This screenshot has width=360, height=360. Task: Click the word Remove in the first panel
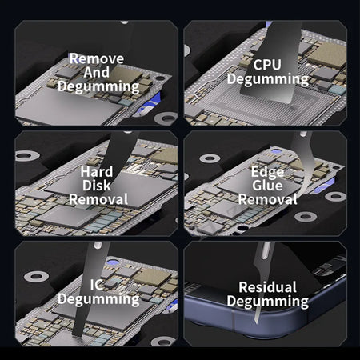click(97, 58)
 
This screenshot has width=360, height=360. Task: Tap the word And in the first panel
click(97, 72)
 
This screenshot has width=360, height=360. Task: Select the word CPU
click(267, 65)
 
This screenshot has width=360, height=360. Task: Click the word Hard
click(97, 171)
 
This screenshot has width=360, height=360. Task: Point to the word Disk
click(97, 186)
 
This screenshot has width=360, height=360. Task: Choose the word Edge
click(267, 172)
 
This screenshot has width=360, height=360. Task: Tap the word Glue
click(267, 186)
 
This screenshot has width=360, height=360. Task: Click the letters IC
click(96, 285)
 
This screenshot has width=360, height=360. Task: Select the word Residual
click(267, 287)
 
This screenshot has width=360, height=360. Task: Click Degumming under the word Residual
click(268, 302)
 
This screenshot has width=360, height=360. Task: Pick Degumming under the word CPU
click(268, 79)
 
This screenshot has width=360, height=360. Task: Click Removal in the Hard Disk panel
click(98, 199)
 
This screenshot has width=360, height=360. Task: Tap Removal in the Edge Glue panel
click(268, 199)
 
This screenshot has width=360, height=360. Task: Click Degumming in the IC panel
click(98, 299)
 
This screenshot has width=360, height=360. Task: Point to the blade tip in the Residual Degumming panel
click(256, 322)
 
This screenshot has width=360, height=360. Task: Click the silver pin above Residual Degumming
click(265, 250)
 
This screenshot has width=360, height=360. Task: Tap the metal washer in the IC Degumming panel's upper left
click(36, 277)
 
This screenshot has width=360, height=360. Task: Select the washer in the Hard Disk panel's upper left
click(27, 156)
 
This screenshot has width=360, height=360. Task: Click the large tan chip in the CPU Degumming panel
click(328, 55)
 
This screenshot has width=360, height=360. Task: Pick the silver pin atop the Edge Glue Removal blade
click(302, 134)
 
